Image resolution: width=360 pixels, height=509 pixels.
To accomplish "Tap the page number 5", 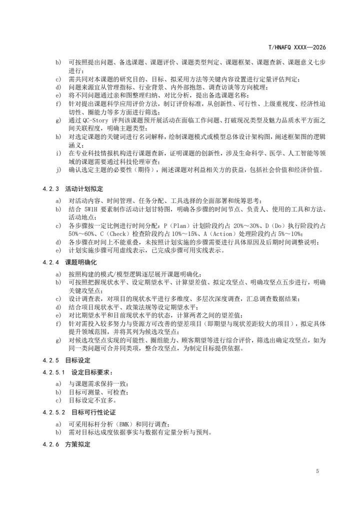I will (x=317, y=471).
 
